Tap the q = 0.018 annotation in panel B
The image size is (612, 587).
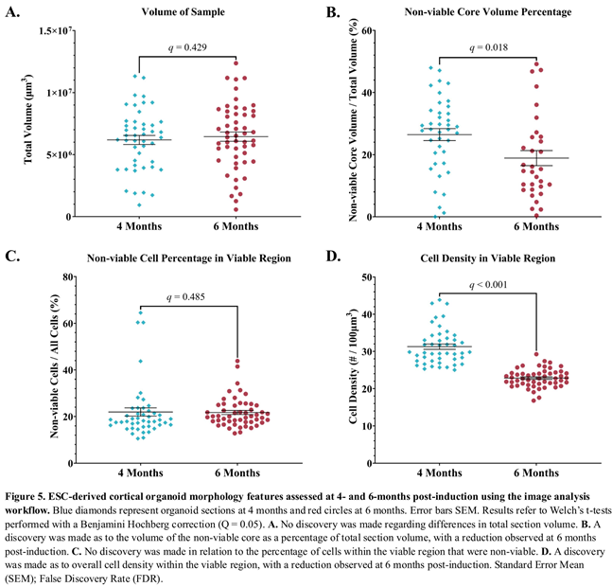482,45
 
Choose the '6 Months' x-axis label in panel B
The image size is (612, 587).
535,228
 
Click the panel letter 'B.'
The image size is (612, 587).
333,12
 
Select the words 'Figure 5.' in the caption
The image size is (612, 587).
28,495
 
